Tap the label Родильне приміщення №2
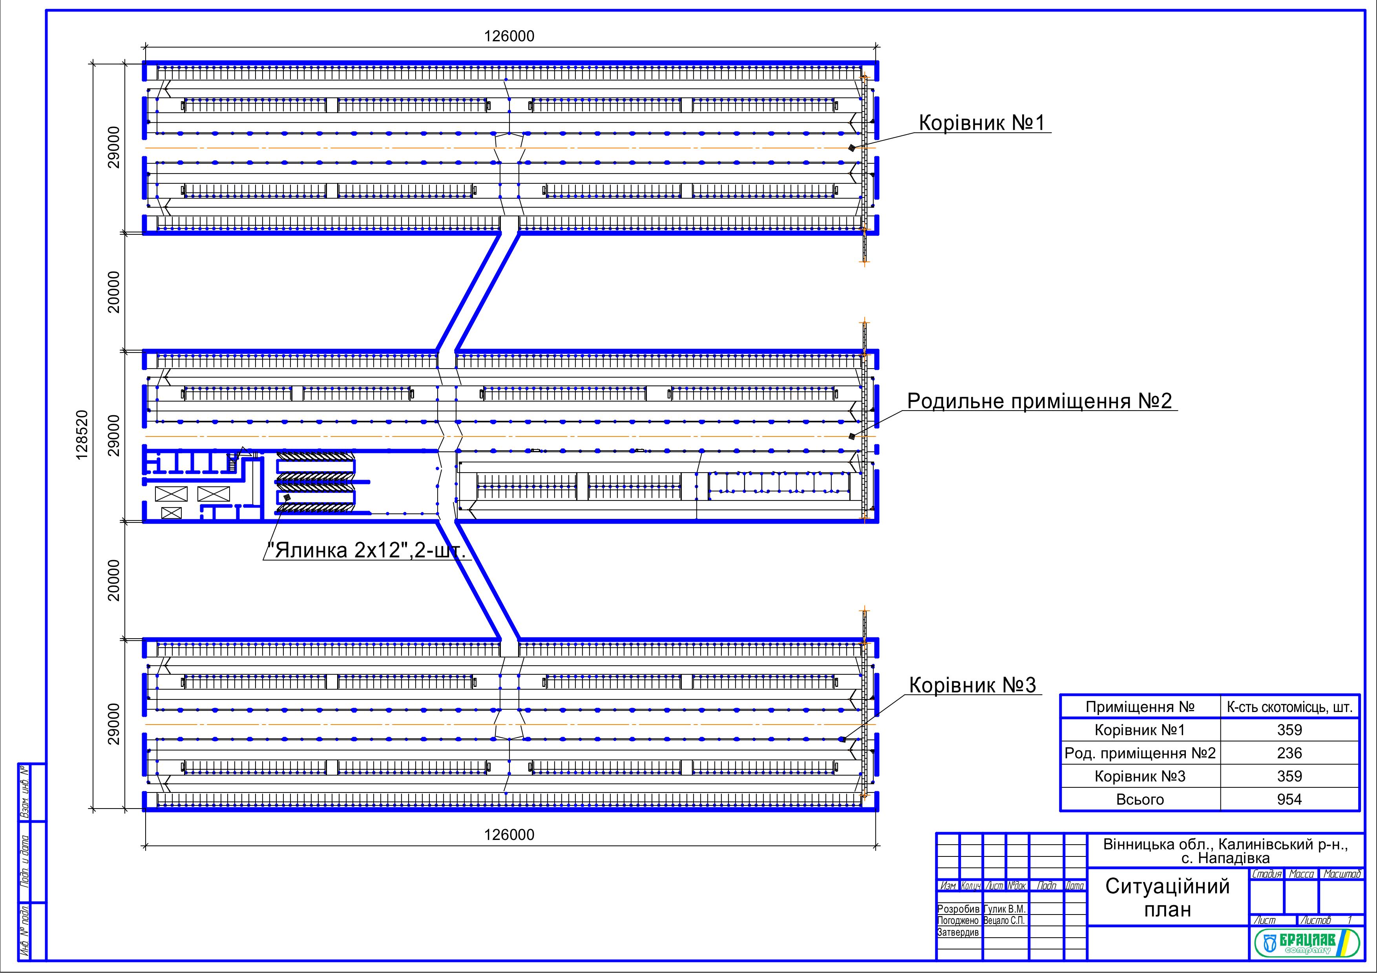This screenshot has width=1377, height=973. pyautogui.click(x=1039, y=401)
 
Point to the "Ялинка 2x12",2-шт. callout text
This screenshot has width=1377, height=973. pyautogui.click(x=367, y=550)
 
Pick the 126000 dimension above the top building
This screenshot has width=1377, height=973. pyautogui.click(x=509, y=36)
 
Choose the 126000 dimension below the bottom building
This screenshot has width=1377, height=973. pyautogui.click(x=509, y=834)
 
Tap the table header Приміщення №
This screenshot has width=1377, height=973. pyautogui.click(x=1140, y=707)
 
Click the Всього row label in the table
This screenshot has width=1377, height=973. pyautogui.click(x=1140, y=799)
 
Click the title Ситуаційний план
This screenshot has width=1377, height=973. pyautogui.click(x=1167, y=898)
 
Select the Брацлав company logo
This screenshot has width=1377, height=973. pyautogui.click(x=1305, y=944)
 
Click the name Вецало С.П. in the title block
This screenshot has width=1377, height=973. pyautogui.click(x=1004, y=920)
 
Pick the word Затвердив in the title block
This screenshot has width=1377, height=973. pyautogui.click(x=958, y=932)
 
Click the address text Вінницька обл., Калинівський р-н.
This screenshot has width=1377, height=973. pyautogui.click(x=1226, y=845)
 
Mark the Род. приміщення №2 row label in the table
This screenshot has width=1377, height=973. pyautogui.click(x=1140, y=753)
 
